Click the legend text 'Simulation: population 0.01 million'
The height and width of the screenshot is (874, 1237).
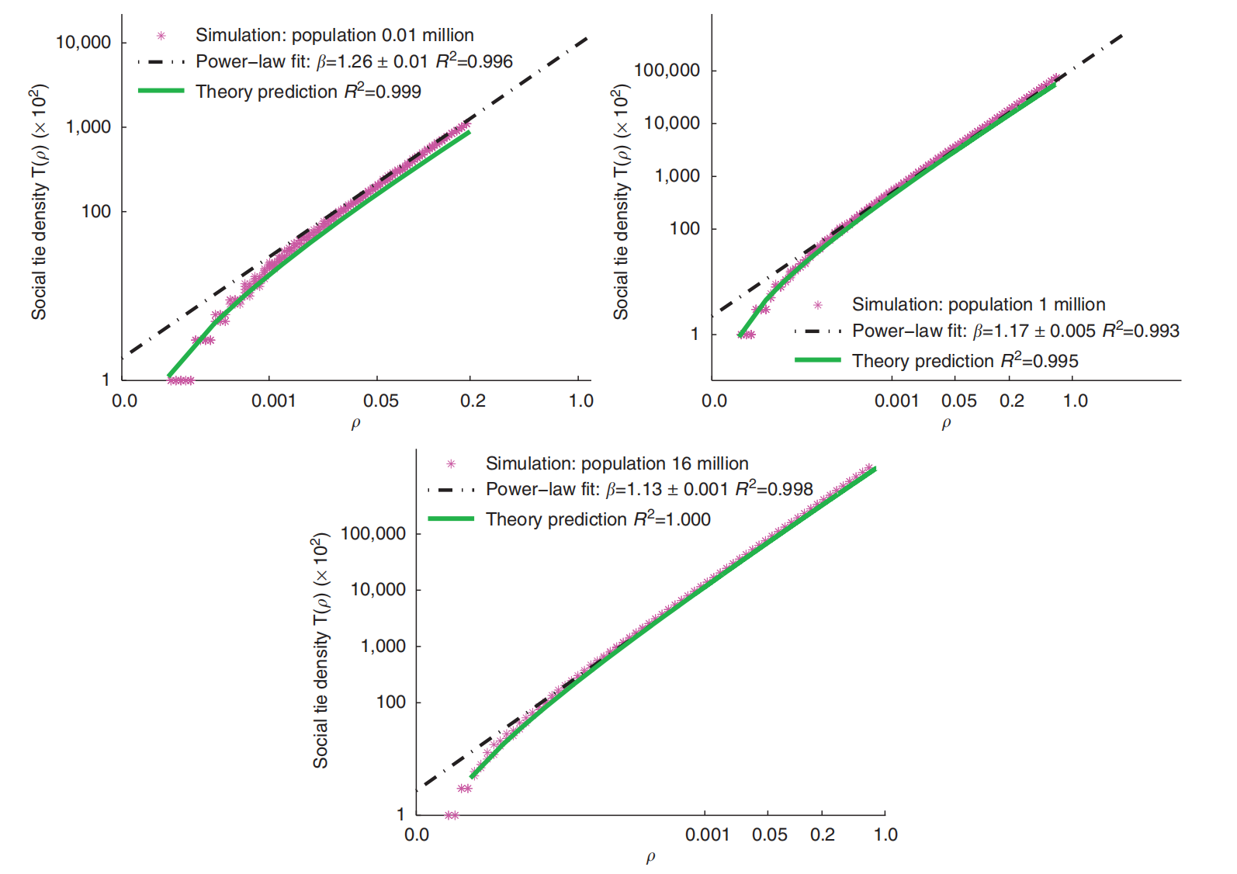click(334, 36)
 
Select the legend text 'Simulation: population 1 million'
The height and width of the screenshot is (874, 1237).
click(978, 304)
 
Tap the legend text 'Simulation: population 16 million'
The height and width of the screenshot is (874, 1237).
click(616, 464)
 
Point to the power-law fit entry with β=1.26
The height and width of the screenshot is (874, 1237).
click(353, 62)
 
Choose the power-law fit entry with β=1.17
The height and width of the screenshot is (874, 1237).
click(1015, 331)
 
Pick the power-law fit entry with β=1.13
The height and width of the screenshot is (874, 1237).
click(649, 490)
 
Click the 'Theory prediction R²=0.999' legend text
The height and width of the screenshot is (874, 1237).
click(308, 92)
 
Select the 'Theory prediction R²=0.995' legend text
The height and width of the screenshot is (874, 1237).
click(965, 361)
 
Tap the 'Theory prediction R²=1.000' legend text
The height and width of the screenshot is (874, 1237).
click(598, 519)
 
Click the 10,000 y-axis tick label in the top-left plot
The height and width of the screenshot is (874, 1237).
click(83, 43)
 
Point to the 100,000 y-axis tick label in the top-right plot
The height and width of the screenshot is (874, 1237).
click(667, 71)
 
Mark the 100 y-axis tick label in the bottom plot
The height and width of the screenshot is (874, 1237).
click(390, 702)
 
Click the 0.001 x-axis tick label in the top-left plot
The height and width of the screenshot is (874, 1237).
click(273, 401)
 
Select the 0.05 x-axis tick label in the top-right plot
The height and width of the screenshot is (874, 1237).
click(958, 401)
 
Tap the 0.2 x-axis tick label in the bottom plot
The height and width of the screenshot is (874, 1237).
click(823, 835)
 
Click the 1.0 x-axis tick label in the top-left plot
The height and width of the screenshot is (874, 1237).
click(580, 401)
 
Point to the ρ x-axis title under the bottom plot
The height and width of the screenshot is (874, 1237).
click(650, 858)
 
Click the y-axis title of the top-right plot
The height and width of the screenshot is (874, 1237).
click(621, 202)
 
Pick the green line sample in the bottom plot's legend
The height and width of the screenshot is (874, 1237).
click(451, 519)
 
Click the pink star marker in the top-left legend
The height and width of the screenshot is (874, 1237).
click(161, 36)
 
